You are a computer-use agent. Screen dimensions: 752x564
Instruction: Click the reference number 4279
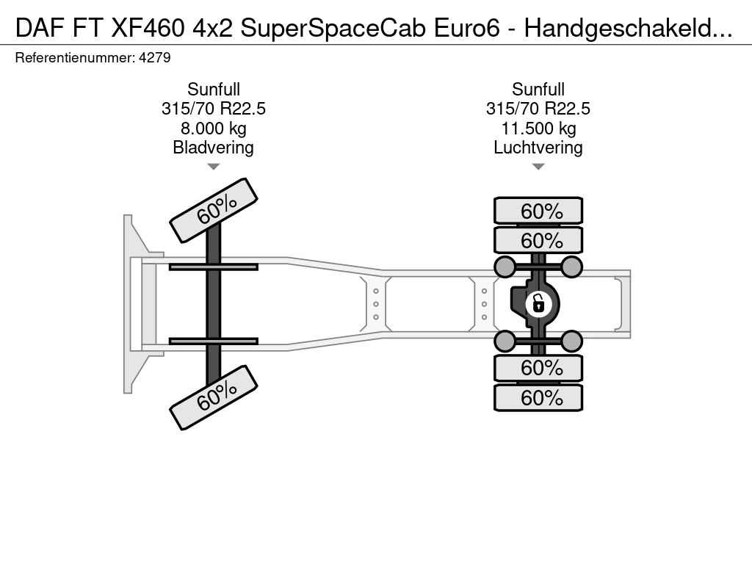154,58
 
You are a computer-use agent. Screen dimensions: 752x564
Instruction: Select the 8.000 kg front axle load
214,129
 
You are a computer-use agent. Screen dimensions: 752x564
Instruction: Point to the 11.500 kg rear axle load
538,129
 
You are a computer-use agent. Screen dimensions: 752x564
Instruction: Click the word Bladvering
214,148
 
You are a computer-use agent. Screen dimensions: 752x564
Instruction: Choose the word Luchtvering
538,148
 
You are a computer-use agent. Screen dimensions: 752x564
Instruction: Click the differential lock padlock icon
538,303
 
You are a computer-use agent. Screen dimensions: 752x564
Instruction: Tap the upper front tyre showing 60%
214,211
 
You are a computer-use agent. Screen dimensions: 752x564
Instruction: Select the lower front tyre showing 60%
214,397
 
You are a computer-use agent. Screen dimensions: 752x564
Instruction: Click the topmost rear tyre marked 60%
538,211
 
